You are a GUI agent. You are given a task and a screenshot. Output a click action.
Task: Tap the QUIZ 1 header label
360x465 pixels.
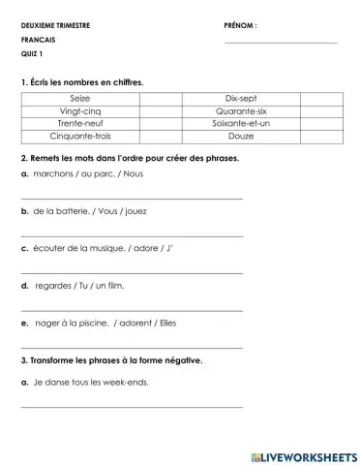(x=33, y=54)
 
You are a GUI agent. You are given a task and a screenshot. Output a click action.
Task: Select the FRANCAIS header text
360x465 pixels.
(x=38, y=40)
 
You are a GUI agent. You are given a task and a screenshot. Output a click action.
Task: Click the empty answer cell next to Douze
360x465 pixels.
(x=321, y=137)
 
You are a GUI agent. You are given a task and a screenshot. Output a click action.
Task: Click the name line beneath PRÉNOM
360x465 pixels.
(x=281, y=43)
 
